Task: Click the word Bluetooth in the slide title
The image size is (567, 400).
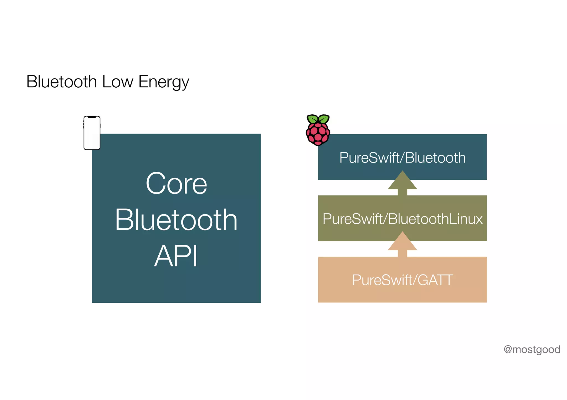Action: pos(61,82)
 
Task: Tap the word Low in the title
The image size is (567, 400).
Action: pos(118,82)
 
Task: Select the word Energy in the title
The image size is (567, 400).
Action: pos(164,82)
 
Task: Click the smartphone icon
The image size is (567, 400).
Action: pos(92,133)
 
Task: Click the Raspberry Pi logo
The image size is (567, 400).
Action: pos(318,130)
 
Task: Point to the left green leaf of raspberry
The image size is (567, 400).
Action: pos(313,119)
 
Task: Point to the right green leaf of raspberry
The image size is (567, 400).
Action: pos(323,119)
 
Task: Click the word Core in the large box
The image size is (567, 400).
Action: pos(176,184)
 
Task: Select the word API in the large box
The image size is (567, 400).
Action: pos(176,256)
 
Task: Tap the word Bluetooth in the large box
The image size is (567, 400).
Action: pos(176,220)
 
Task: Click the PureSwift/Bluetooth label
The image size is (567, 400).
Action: pos(402,158)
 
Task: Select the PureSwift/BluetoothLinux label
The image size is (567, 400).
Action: pos(402,219)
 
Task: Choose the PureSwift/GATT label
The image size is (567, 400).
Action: pos(402,280)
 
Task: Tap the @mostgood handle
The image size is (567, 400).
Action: pos(532,350)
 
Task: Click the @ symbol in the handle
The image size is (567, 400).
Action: pos(508,350)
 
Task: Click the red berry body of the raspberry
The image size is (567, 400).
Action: pos(318,134)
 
